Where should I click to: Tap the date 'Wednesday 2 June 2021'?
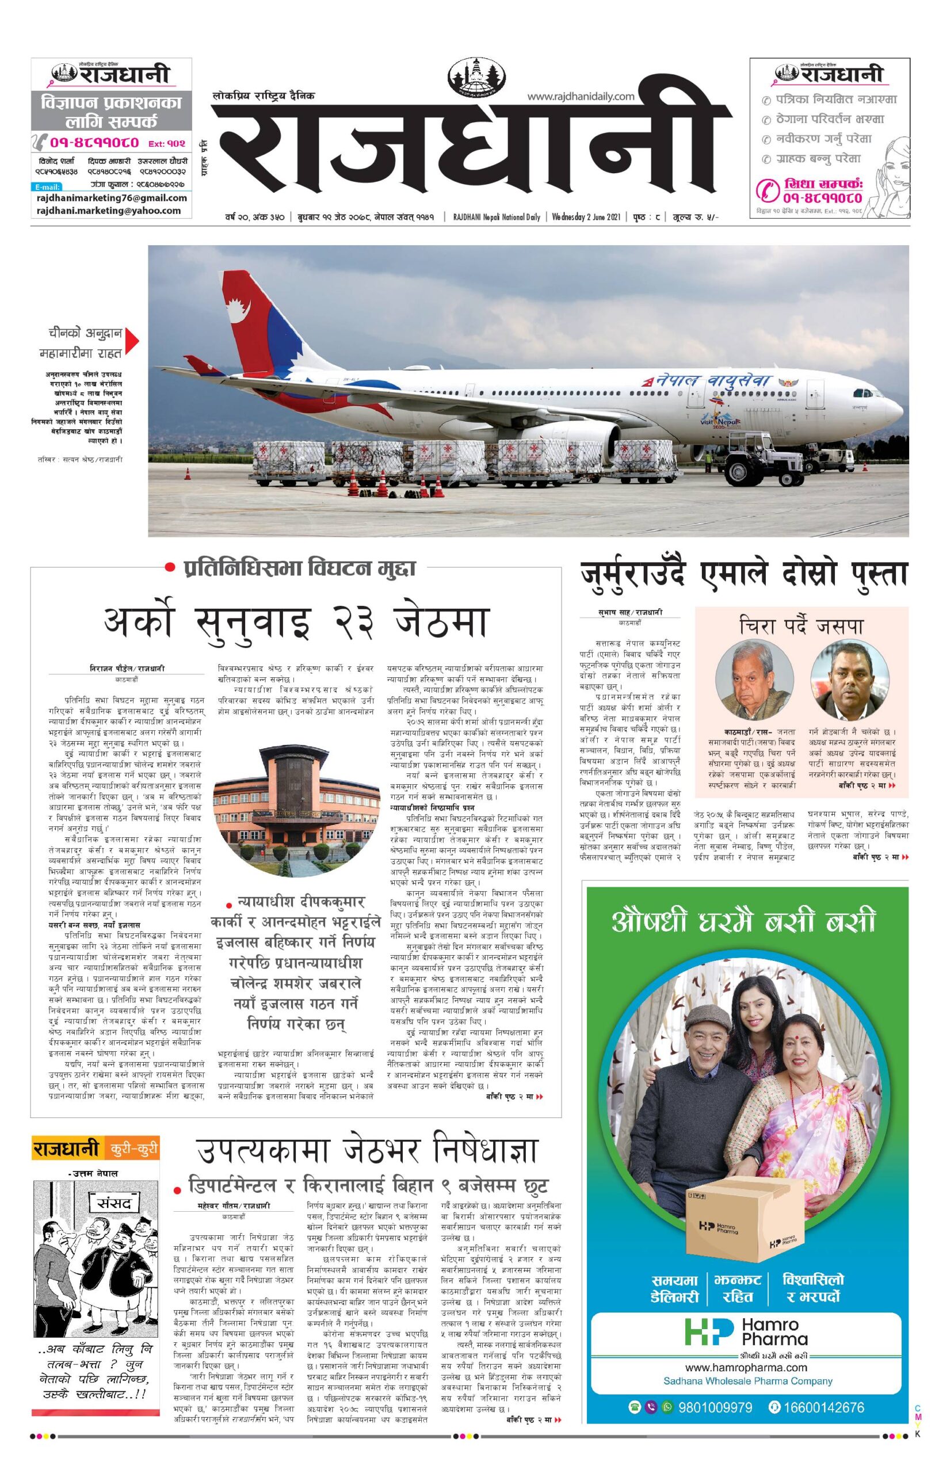pos(586,216)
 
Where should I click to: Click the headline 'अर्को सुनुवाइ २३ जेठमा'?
pos(296,623)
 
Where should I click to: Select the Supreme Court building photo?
pos(296,814)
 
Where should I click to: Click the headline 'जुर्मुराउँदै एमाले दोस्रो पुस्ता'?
pos(743,575)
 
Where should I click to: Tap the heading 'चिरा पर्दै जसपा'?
pos(801,627)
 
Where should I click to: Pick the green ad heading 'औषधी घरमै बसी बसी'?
pos(743,921)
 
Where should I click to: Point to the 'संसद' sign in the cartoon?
pos(110,1203)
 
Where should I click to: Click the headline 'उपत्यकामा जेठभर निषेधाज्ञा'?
pos(367,1150)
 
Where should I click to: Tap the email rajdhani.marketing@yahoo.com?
pos(109,211)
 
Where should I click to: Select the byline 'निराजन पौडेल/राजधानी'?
pos(127,669)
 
